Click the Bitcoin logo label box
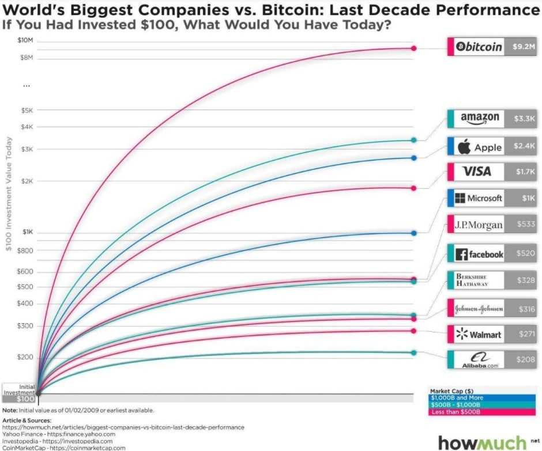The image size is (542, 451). [479, 47]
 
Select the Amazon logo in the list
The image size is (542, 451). [479, 118]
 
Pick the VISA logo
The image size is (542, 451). [477, 172]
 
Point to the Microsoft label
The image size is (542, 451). [479, 198]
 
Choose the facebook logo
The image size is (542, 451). [479, 253]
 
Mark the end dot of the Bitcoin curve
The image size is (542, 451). [413, 48]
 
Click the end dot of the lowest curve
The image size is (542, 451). [413, 353]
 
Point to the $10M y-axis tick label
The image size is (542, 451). [26, 40]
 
